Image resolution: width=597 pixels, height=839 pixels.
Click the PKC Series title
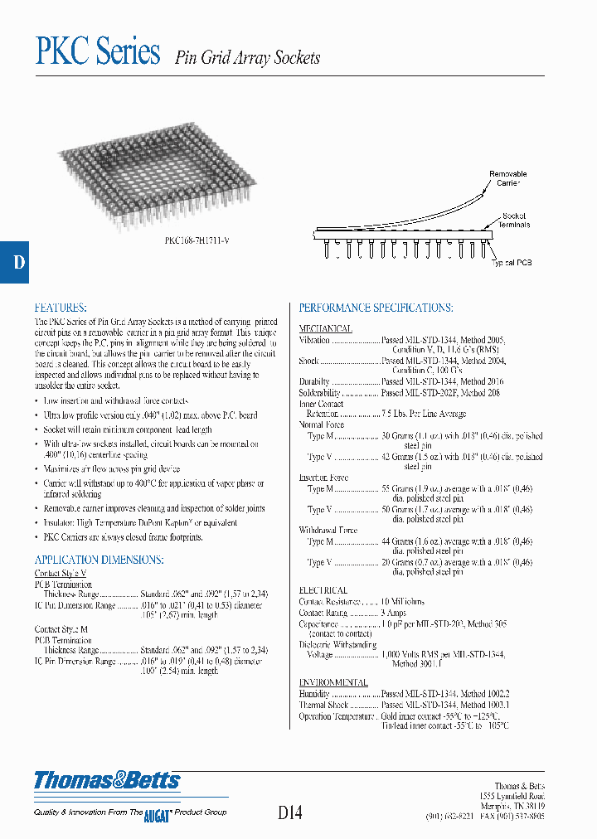[x=98, y=52]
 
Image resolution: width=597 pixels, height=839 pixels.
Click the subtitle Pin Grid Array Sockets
[x=247, y=58]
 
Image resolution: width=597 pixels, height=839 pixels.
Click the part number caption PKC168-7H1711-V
[x=197, y=240]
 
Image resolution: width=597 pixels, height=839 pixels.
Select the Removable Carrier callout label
[x=507, y=179]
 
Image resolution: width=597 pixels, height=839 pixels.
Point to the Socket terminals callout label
[x=515, y=221]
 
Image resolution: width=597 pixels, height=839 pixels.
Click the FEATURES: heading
[x=61, y=307]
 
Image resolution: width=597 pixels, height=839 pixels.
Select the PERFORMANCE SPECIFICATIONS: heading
[x=376, y=308]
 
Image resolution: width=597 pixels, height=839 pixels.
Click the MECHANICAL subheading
[x=325, y=328]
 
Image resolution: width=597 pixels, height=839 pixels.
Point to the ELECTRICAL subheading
[x=323, y=590]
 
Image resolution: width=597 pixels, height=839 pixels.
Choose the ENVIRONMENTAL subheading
[x=332, y=682]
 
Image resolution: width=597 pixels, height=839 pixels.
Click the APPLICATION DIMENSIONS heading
[x=90, y=560]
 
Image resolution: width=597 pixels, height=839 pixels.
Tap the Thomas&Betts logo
[x=107, y=780]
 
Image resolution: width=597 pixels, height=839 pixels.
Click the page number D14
[x=290, y=812]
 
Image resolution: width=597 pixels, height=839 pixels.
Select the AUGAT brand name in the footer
[x=157, y=813]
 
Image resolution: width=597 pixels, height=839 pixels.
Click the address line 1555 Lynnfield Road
[x=512, y=795]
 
